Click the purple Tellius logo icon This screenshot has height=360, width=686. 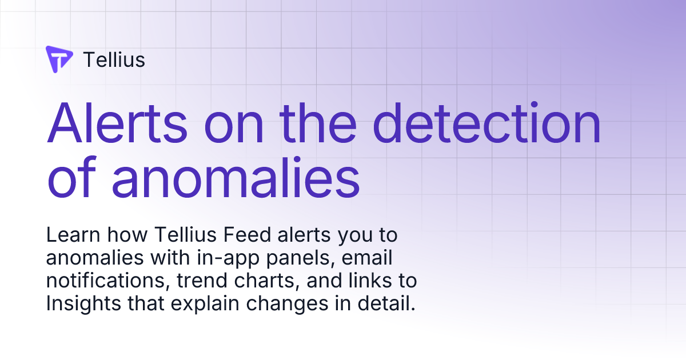click(x=59, y=59)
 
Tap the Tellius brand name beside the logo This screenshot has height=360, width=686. click(x=114, y=59)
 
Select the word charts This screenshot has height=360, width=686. click(x=253, y=281)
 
